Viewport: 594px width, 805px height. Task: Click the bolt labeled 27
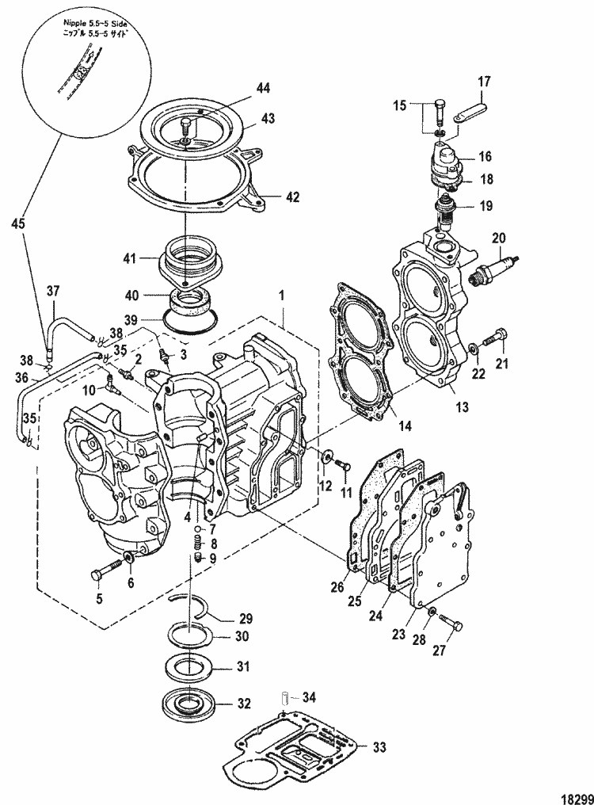448,622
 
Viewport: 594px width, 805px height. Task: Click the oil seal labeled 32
191,702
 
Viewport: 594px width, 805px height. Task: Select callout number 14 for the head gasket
404,425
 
